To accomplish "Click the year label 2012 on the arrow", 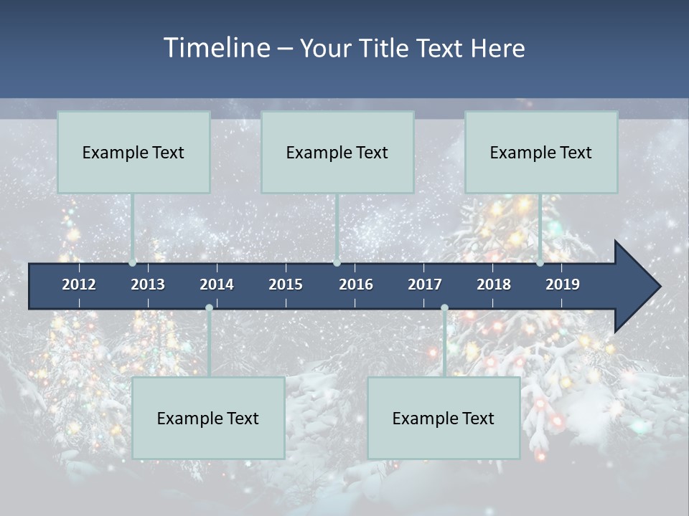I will point(79,285).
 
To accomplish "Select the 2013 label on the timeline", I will point(148,285).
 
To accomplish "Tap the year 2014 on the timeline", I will point(217,285).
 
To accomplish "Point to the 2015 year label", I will point(286,285).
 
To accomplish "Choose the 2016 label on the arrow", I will point(356,285).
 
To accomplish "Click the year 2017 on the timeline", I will point(425,285).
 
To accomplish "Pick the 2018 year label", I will point(494,285).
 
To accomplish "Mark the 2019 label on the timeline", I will point(563,285).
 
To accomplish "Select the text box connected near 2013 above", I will point(133,152).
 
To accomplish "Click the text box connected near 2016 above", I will point(337,152).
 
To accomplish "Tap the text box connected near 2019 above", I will point(541,152).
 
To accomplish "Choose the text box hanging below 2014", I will point(208,418).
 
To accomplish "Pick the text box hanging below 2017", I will point(444,418).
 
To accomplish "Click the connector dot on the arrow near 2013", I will point(132,262).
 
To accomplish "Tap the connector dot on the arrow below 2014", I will point(209,308).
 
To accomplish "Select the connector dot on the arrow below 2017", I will point(444,308).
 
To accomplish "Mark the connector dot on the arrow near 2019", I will point(540,262).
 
